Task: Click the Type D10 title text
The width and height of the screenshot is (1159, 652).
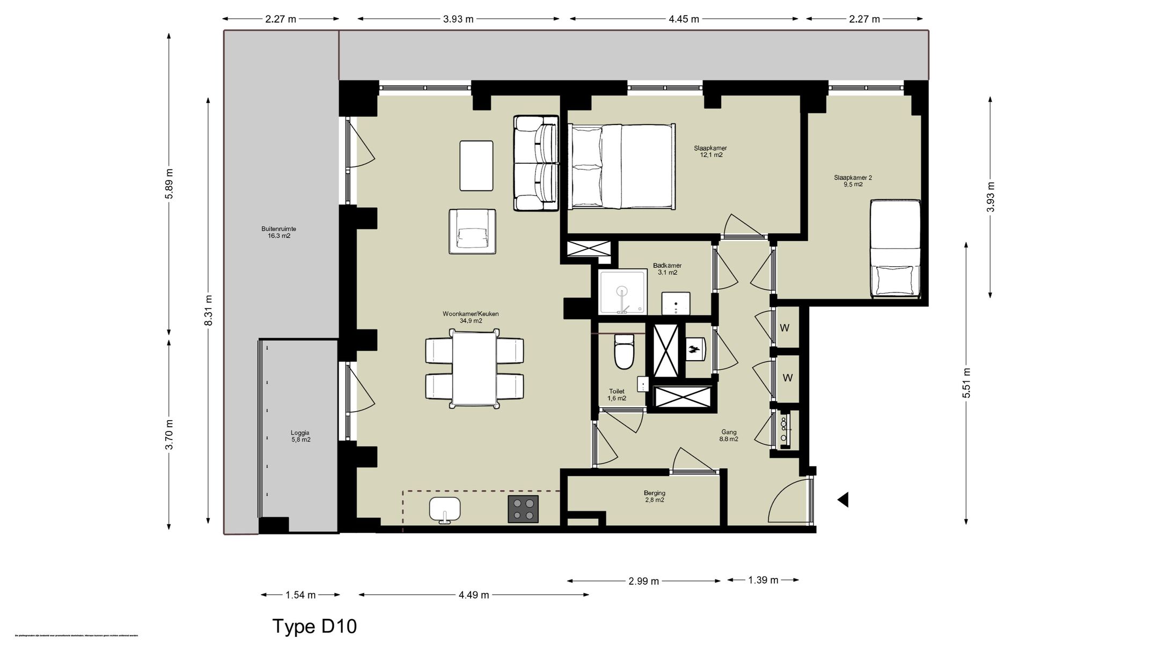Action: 314,626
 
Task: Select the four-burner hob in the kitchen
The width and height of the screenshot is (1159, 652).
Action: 523,509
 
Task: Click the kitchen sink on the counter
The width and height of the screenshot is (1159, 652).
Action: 445,509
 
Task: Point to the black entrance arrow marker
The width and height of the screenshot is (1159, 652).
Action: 843,500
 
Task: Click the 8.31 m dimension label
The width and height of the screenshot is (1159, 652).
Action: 209,310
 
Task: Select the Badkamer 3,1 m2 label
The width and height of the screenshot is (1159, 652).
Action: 667,269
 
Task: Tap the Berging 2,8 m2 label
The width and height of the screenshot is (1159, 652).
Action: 654,496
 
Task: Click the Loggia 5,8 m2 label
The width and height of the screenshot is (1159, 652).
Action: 300,436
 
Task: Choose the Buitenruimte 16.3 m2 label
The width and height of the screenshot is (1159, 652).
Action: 278,232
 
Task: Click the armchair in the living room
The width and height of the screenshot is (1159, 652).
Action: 472,231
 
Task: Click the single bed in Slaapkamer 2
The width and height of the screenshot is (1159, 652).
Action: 894,249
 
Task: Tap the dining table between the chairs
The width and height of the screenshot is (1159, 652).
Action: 474,368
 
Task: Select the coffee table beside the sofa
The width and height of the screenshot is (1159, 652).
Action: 476,165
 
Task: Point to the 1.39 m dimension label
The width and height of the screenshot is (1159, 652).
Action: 763,580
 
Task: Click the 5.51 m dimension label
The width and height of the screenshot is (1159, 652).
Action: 966,383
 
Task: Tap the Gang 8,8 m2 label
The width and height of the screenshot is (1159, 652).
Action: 729,435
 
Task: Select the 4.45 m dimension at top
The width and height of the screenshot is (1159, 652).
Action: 684,19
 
